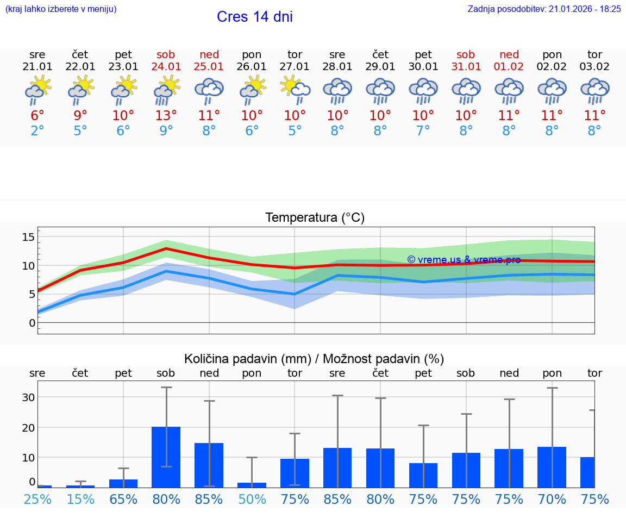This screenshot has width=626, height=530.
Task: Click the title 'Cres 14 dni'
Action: pyautogui.click(x=254, y=17)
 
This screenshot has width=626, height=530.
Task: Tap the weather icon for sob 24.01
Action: pyautogui.click(x=166, y=90)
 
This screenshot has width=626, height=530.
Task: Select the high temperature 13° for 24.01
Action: pyautogui.click(x=166, y=116)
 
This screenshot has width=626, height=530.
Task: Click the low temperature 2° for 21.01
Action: pyautogui.click(x=37, y=131)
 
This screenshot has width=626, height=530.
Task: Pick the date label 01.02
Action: pyautogui.click(x=509, y=67)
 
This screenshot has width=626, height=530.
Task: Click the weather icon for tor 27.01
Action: pyautogui.click(x=295, y=90)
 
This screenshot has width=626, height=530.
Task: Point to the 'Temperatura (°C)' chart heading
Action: pyautogui.click(x=315, y=218)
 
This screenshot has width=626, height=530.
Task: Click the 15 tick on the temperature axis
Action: pyautogui.click(x=28, y=237)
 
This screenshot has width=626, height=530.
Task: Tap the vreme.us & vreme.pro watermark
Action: pyautogui.click(x=464, y=260)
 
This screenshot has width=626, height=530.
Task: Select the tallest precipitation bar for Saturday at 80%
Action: pyautogui.click(x=166, y=457)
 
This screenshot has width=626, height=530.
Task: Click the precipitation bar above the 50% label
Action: pyautogui.click(x=252, y=485)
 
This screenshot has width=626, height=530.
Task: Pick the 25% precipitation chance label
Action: pyautogui.click(x=37, y=500)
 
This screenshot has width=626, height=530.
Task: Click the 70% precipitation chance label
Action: pyautogui.click(x=552, y=500)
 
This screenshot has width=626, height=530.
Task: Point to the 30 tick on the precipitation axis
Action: pyautogui.click(x=28, y=397)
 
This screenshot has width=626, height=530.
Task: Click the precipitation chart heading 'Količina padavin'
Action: pyautogui.click(x=314, y=359)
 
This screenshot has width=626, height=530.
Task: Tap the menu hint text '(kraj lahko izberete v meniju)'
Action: pyautogui.click(x=61, y=9)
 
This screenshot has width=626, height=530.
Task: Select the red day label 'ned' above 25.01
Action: pyautogui.click(x=209, y=54)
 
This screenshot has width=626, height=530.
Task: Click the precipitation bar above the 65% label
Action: pyautogui.click(x=123, y=483)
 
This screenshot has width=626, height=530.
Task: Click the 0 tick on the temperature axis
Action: pyautogui.click(x=32, y=323)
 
